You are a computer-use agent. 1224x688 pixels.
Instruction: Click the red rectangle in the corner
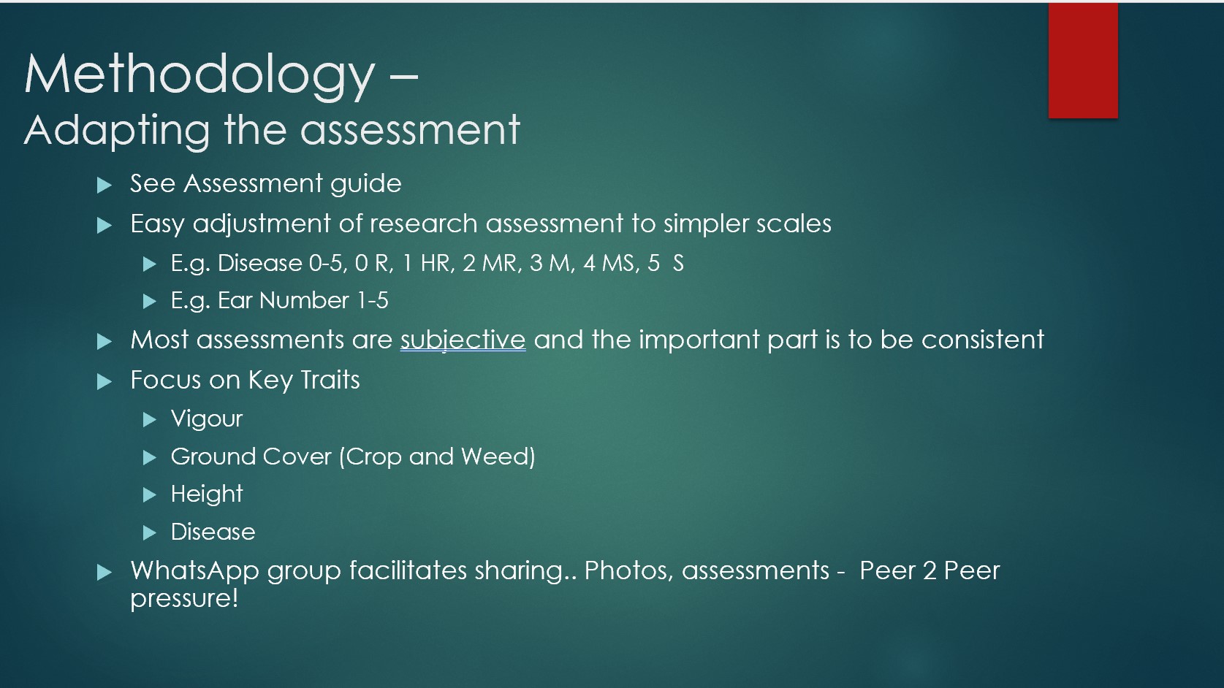pos(1083,60)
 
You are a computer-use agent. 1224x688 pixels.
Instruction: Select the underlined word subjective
pos(463,340)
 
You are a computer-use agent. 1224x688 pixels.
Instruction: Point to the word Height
pos(207,494)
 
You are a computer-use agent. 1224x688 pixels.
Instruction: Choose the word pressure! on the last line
pos(184,599)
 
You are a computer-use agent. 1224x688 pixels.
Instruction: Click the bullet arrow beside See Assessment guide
pos(104,185)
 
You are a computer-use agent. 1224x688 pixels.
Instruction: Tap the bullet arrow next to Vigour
pos(149,420)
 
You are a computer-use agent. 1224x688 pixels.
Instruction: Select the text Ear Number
pos(283,300)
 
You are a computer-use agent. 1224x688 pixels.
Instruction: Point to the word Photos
pos(628,571)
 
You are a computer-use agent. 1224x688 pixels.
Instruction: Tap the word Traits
pos(330,380)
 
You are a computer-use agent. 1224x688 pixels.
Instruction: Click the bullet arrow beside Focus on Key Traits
pos(104,382)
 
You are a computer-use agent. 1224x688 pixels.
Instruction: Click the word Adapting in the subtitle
pos(116,131)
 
